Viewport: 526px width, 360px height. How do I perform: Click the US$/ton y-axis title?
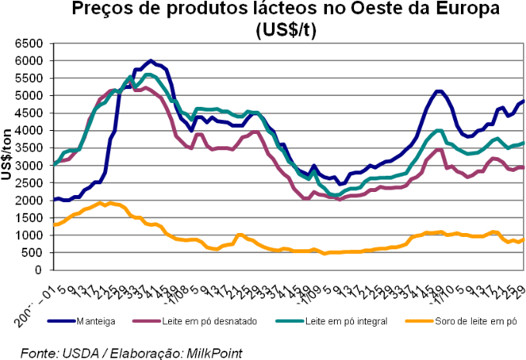click(9, 155)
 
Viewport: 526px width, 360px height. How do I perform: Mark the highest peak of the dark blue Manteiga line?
click(151, 60)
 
